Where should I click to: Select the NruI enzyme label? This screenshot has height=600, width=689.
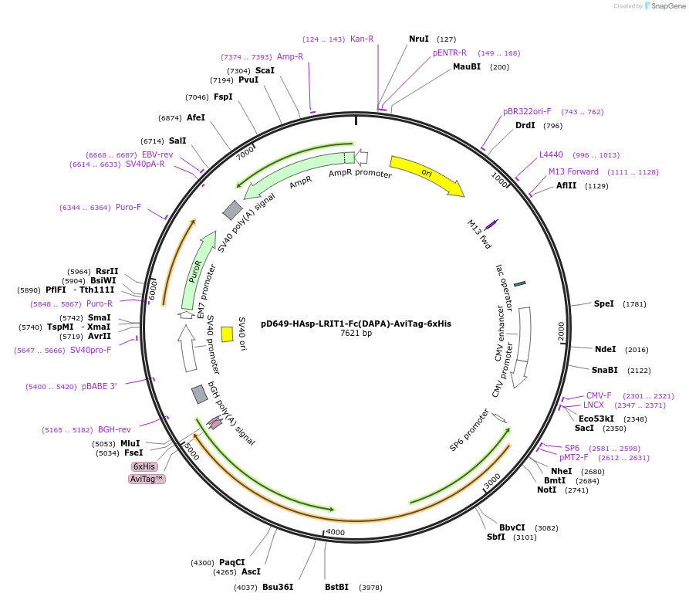[x=419, y=39]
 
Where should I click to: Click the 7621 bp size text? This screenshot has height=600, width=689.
[x=356, y=334]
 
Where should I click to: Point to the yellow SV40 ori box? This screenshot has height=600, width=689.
[x=227, y=334]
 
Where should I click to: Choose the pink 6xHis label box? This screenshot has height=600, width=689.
[x=144, y=466]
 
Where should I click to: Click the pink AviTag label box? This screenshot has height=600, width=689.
[x=147, y=479]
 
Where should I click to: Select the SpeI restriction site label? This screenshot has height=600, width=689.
[x=604, y=303]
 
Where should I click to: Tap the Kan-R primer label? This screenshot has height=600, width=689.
[x=362, y=39]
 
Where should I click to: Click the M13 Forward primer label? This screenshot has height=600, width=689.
[x=573, y=171]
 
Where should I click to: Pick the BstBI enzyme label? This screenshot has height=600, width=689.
[x=336, y=587]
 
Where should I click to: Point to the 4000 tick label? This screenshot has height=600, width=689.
[x=336, y=532]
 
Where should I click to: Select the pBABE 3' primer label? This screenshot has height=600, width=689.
[x=100, y=386]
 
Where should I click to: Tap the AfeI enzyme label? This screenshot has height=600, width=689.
[x=196, y=117]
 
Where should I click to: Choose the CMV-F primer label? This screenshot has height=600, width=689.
[x=599, y=395]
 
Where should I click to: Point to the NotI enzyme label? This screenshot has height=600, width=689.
[x=546, y=490]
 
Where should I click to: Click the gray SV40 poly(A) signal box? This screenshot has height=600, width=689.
[x=232, y=209]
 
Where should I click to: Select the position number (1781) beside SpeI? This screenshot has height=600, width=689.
[x=634, y=303]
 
